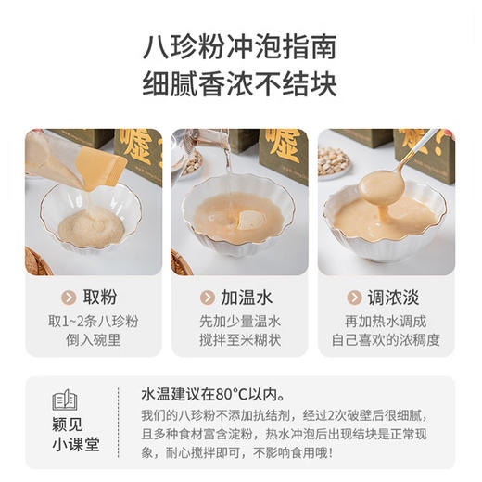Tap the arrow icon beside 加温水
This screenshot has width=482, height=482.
pyautogui.click(x=206, y=298)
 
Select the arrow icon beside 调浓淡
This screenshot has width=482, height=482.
pyautogui.click(x=353, y=298)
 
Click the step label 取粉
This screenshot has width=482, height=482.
pyautogui.click(x=100, y=298)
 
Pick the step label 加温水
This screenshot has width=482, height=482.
pyautogui.click(x=247, y=298)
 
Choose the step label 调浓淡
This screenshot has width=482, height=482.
pyautogui.click(x=394, y=298)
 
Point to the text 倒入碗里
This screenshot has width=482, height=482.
pyautogui.click(x=94, y=340)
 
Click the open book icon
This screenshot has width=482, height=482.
pyautogui.click(x=65, y=400)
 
